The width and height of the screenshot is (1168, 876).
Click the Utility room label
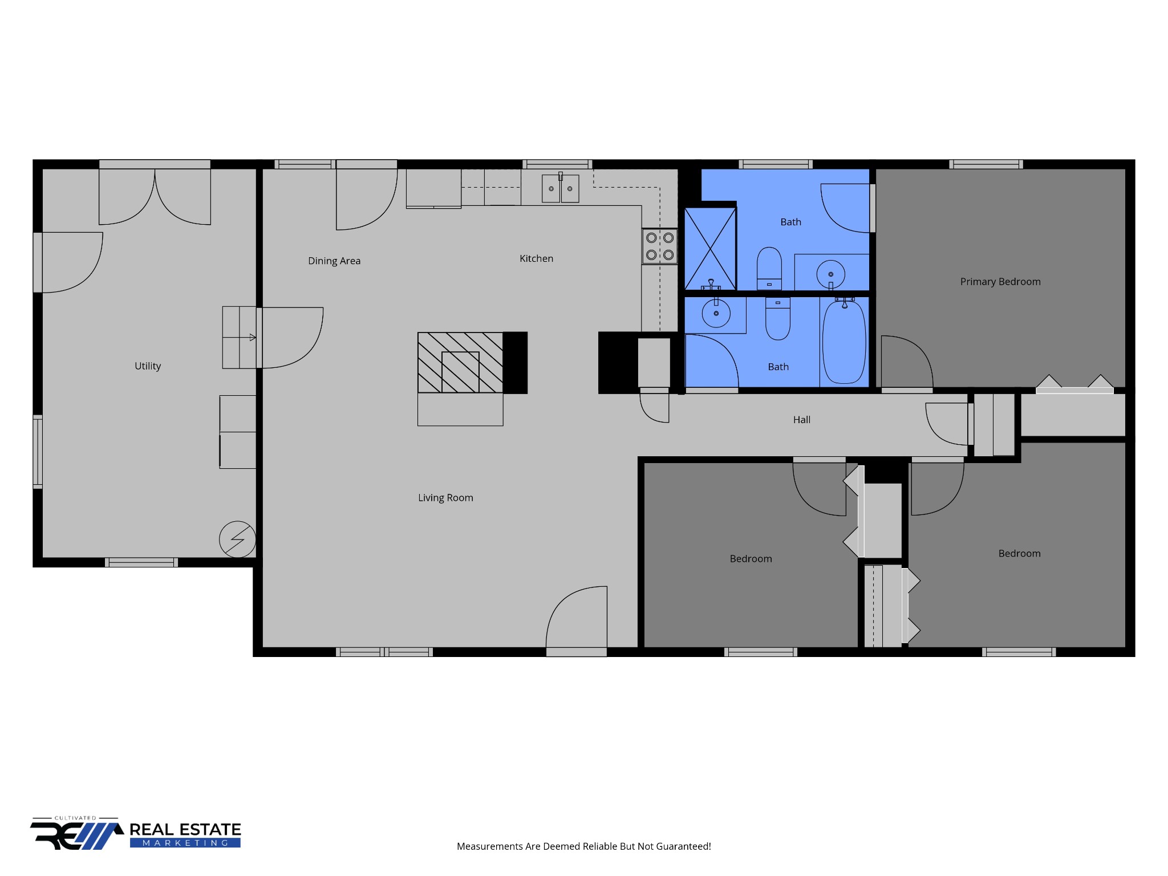pyautogui.click(x=148, y=366)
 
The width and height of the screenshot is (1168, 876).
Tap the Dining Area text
pyautogui.click(x=334, y=261)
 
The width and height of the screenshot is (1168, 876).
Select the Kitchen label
pyautogui.click(x=536, y=258)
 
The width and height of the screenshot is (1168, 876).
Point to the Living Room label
pyautogui.click(x=445, y=498)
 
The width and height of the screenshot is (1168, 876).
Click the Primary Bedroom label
pyautogui.click(x=1000, y=282)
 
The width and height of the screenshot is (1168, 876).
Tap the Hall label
pyautogui.click(x=801, y=420)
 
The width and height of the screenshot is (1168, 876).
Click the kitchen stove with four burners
pyautogui.click(x=660, y=246)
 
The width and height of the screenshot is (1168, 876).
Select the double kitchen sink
pyautogui.click(x=560, y=188)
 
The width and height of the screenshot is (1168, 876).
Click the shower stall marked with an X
pyautogui.click(x=710, y=249)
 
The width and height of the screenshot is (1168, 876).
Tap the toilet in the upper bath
pyautogui.click(x=769, y=269)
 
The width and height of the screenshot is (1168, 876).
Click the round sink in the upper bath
pyautogui.click(x=830, y=274)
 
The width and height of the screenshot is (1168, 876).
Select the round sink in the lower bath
pyautogui.click(x=716, y=313)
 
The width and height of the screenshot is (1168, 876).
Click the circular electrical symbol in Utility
pyautogui.click(x=238, y=539)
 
